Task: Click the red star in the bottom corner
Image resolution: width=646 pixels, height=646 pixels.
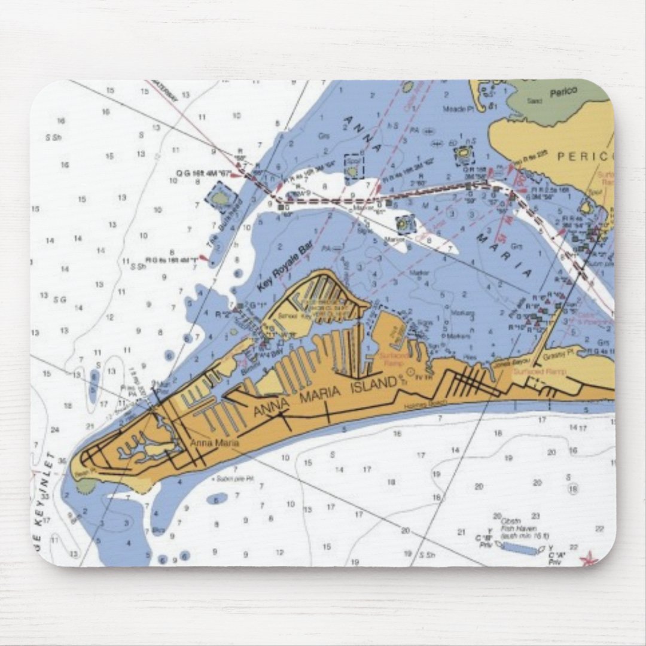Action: [x=589, y=559]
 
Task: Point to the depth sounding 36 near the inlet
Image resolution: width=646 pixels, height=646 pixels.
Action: [x=63, y=461]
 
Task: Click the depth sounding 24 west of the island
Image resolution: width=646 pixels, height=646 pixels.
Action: [x=55, y=429]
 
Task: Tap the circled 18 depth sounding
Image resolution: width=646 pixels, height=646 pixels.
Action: [x=573, y=489]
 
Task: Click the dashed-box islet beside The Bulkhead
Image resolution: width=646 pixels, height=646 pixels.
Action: [x=220, y=197]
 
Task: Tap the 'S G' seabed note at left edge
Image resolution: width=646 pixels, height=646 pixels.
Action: [x=59, y=300]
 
